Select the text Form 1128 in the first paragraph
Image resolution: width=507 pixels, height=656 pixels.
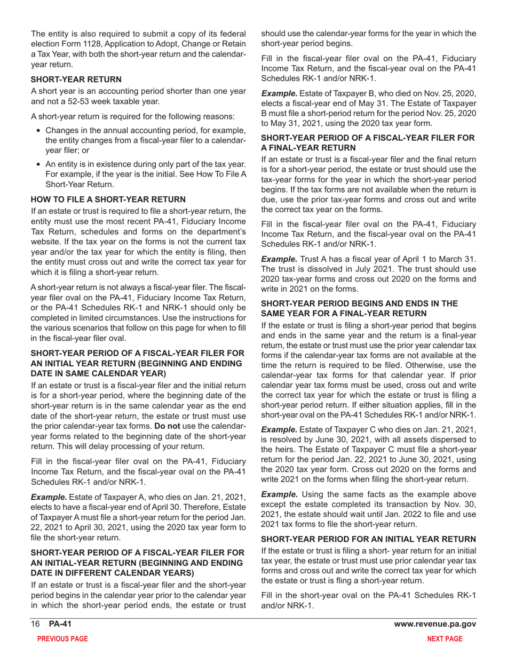coord(83,45)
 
